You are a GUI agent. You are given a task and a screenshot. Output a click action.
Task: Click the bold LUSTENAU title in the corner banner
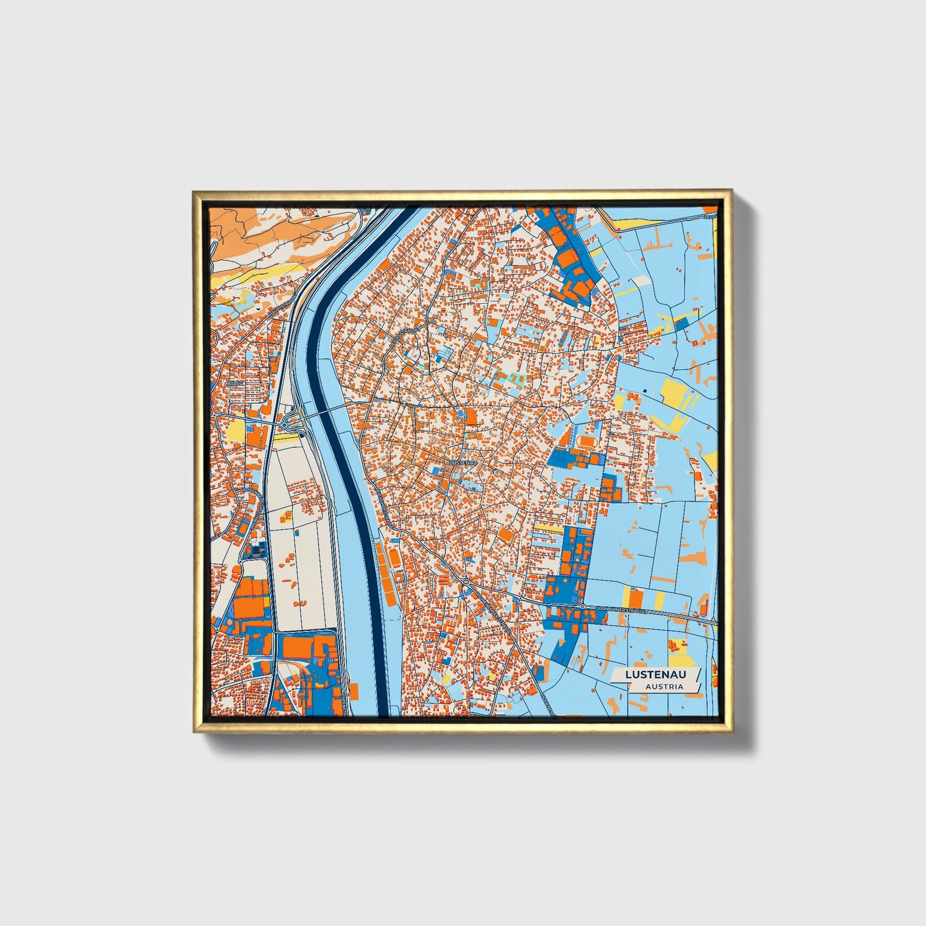pos(656,674)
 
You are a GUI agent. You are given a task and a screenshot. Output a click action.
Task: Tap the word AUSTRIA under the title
pos(664,686)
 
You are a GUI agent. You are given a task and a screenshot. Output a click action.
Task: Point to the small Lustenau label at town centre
pos(463,462)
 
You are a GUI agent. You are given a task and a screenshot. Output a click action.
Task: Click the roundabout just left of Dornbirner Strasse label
pos(582,606)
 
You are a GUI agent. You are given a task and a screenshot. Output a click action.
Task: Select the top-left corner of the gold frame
pos(195,192)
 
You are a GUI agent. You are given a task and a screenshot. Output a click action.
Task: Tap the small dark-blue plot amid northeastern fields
pos(682,322)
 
